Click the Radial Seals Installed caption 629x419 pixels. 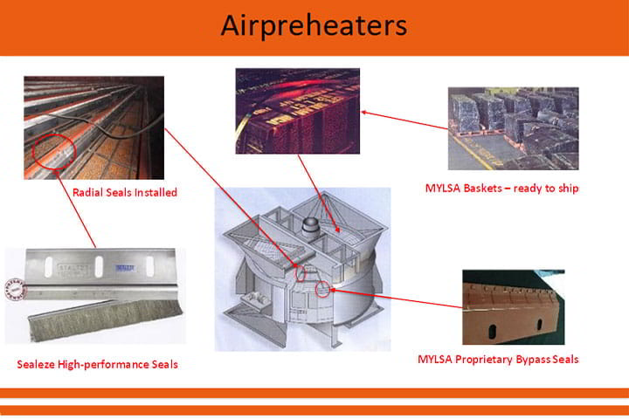pyautogui.click(x=126, y=192)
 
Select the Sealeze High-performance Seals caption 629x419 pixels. pyautogui.click(x=97, y=363)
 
